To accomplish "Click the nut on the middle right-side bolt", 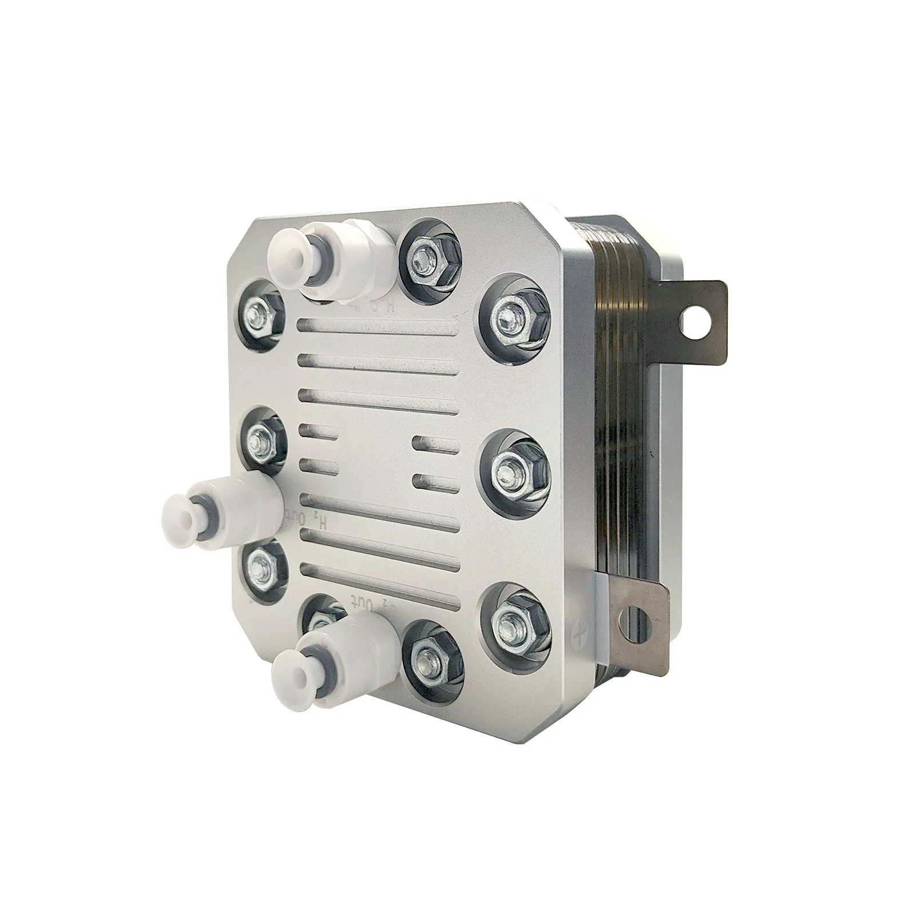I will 511,471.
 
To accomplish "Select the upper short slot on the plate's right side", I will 435,442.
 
